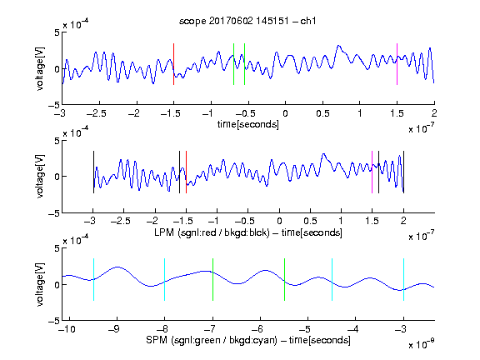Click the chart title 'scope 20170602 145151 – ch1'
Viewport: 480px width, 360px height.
247,21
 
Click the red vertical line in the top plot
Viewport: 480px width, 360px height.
174,64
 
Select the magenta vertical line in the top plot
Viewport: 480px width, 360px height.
397,64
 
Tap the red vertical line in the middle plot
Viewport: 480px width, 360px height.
186,172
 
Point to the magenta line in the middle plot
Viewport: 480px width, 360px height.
372,172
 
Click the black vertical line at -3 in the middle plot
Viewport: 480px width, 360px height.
93,172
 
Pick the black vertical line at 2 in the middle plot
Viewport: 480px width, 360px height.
404,172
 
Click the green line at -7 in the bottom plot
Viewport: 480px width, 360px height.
212,279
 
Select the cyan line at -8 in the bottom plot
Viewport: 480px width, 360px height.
165,279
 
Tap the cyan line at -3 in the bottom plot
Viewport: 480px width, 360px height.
404,279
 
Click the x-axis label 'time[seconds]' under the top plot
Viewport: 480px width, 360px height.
248,124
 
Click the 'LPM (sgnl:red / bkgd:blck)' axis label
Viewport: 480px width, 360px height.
212,232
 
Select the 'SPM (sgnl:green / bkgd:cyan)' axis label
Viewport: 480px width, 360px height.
212,340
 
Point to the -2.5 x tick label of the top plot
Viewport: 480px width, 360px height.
96,113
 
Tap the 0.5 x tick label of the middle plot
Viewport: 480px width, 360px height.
310,221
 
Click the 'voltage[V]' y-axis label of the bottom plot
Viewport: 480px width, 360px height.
40,284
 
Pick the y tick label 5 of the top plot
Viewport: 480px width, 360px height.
57,32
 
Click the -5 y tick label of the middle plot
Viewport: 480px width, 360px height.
54,213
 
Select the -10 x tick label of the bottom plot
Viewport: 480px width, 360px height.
67,329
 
